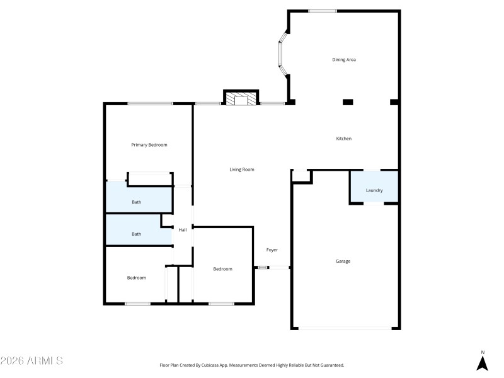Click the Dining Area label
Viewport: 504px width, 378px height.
(x=345, y=60)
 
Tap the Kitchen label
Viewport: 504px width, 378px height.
(x=343, y=139)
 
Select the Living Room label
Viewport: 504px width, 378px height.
(x=241, y=169)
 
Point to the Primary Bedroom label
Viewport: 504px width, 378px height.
(x=149, y=145)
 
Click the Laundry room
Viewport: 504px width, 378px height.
(x=374, y=190)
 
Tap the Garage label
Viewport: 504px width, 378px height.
(x=343, y=261)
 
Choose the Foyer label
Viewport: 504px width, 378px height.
(x=272, y=250)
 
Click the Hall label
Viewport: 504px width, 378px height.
(x=183, y=230)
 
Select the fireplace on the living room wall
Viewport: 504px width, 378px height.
(x=241, y=100)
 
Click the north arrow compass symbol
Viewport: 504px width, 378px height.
(x=483, y=363)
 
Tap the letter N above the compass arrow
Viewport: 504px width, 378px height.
(x=483, y=352)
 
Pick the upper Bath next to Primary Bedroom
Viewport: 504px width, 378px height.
(x=137, y=202)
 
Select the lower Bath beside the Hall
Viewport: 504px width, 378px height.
(x=137, y=234)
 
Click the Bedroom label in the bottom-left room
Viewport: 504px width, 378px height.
(x=137, y=278)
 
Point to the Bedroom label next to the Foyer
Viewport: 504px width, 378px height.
(x=222, y=269)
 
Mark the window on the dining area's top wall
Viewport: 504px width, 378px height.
(x=322, y=11)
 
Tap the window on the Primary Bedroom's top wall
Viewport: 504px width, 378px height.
(x=150, y=103)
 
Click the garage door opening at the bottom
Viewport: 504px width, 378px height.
(x=345, y=328)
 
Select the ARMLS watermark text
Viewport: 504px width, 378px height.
(x=31, y=361)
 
